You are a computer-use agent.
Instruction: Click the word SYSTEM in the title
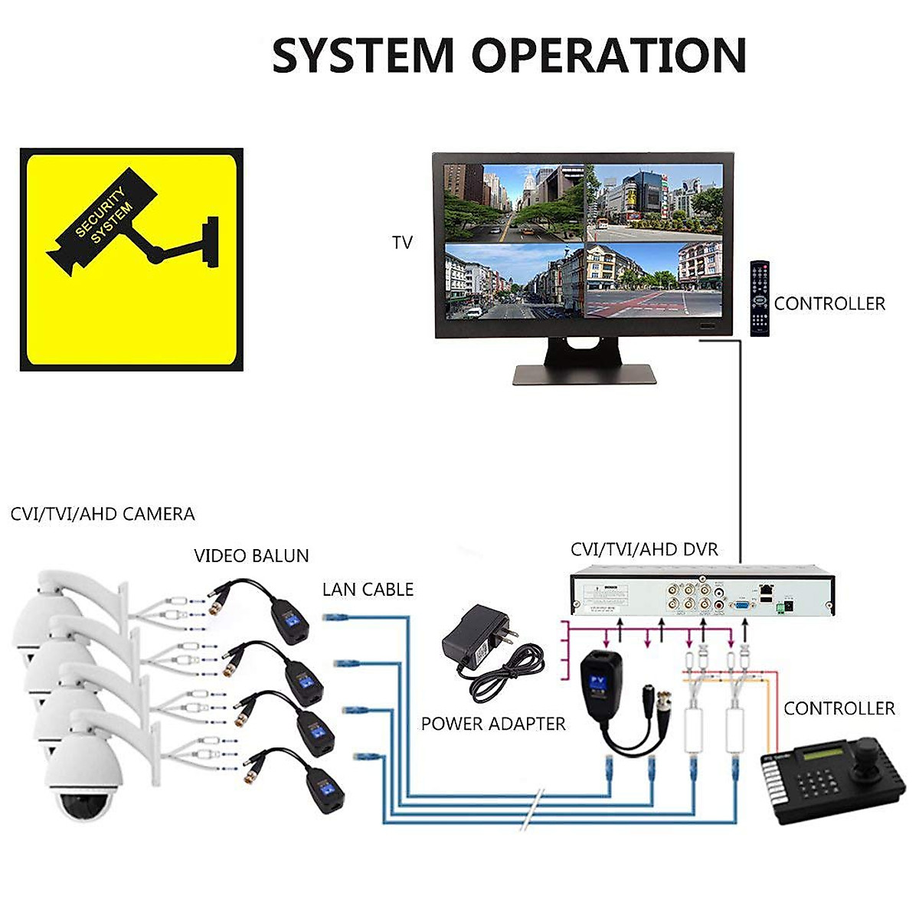pos(363,55)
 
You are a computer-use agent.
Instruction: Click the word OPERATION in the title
pos(608,55)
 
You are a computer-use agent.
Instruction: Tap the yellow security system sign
pos(132,260)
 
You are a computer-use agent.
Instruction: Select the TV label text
pos(402,243)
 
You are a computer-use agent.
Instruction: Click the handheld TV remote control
pos(759,298)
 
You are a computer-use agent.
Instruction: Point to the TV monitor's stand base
pos(585,374)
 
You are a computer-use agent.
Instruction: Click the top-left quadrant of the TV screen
pos(514,203)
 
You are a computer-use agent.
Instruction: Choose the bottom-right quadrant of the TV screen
pos(653,281)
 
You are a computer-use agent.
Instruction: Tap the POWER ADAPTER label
pos(493,724)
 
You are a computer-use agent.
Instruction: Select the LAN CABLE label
pos(368,590)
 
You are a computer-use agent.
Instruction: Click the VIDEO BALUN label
pos(251,556)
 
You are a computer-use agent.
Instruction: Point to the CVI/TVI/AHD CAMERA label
pos(103,514)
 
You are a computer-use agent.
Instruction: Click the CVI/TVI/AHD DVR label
pos(644,549)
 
